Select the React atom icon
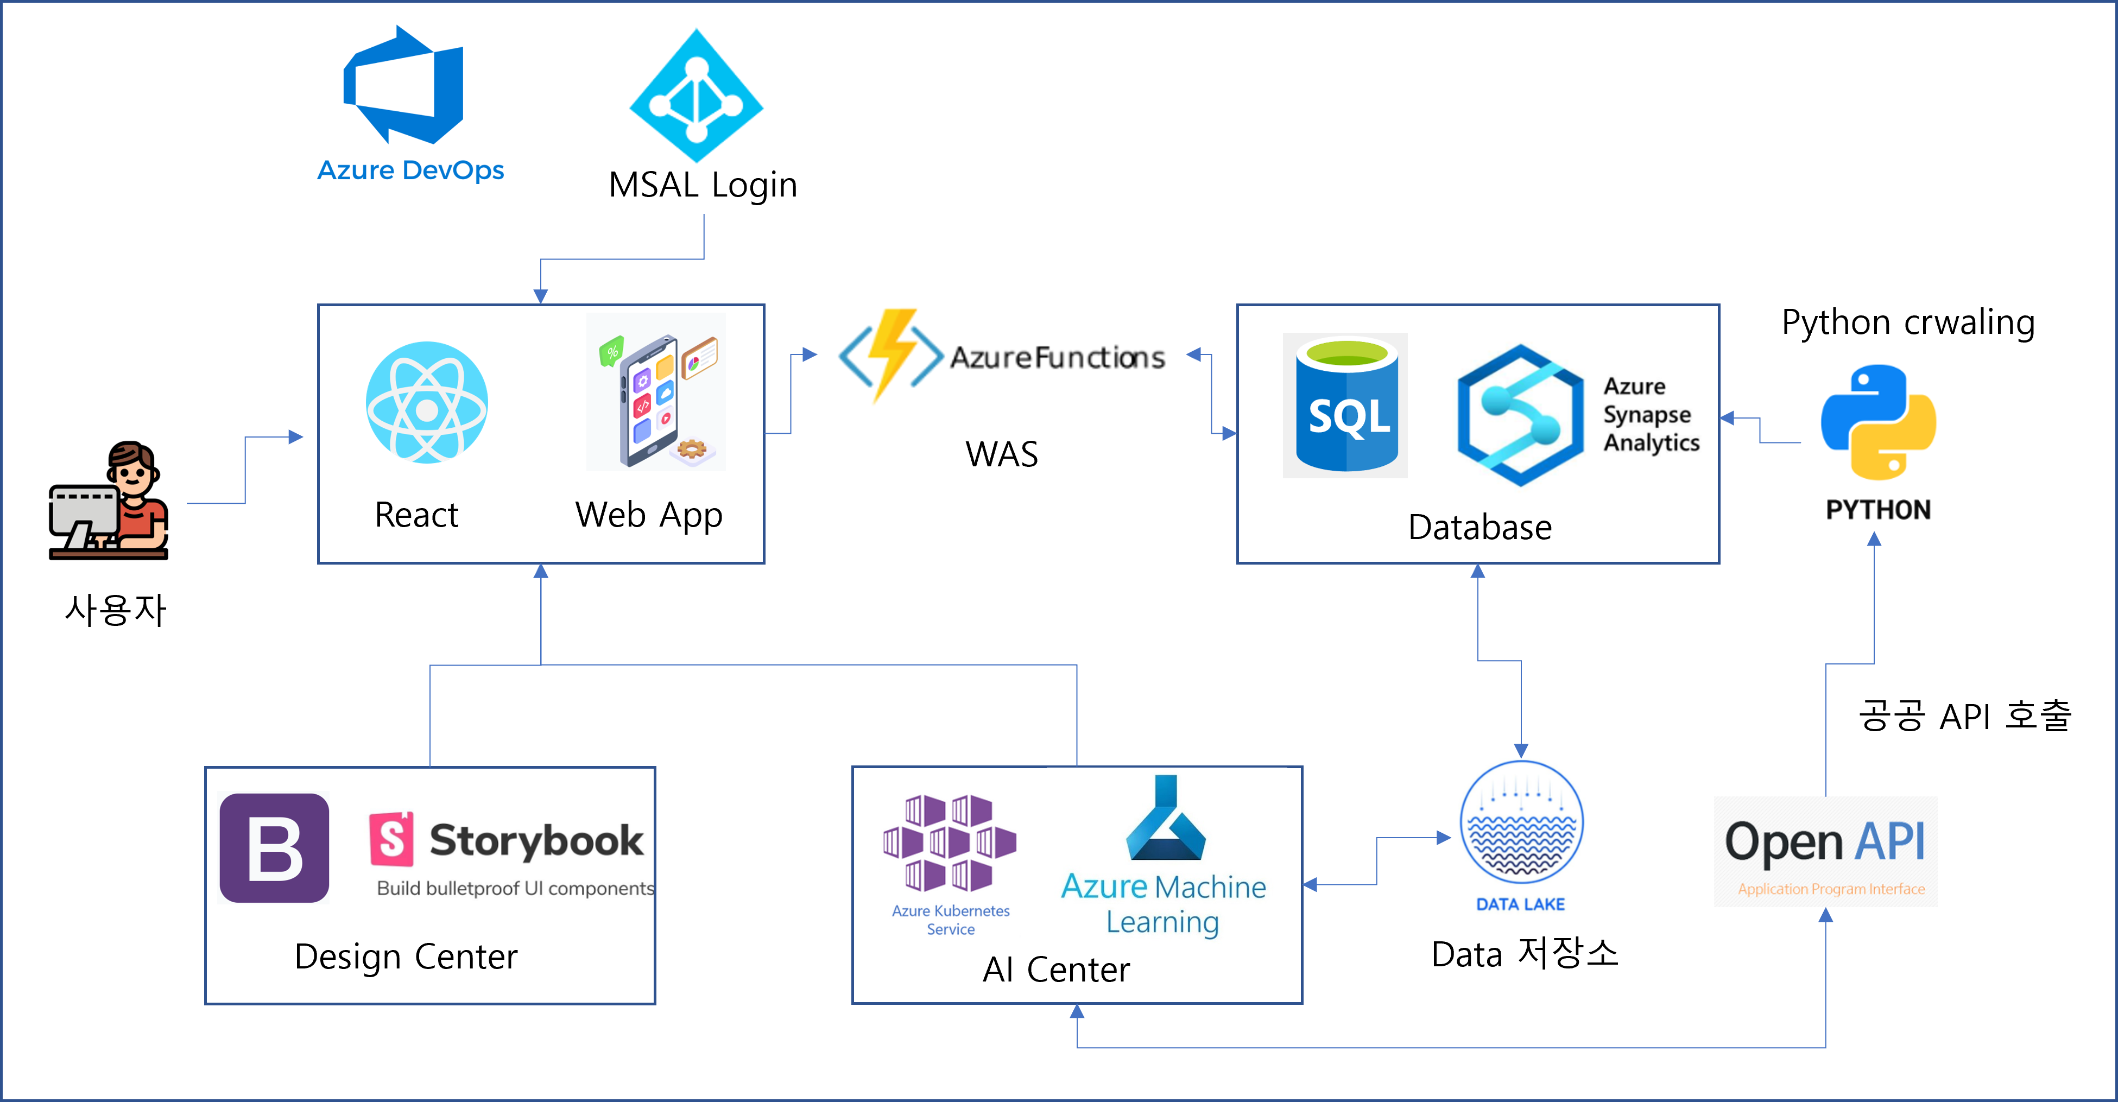(427, 402)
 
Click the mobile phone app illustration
(655, 393)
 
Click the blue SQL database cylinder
(1346, 406)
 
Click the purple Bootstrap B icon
(274, 848)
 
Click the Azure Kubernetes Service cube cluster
(950, 847)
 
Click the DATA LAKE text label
(1520, 904)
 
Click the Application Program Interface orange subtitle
(1831, 889)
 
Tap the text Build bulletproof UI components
(516, 888)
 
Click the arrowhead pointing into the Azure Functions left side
(810, 354)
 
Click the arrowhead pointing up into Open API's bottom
(1825, 915)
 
